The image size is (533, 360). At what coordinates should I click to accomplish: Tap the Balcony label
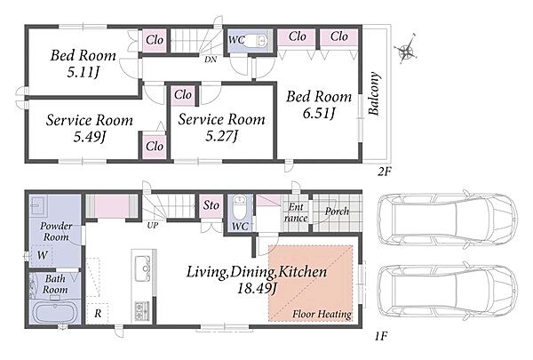[x=374, y=94]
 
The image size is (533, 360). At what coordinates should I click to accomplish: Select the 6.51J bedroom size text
[x=319, y=113]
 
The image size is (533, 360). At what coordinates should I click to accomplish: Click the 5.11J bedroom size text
[x=84, y=72]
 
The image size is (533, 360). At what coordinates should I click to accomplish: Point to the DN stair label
[x=211, y=60]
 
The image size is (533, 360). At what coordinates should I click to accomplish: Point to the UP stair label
[x=153, y=225]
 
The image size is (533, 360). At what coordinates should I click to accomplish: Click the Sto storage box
[x=211, y=205]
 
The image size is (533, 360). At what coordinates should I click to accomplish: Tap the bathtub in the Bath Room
[x=54, y=312]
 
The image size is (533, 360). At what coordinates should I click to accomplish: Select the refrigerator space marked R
[x=98, y=313]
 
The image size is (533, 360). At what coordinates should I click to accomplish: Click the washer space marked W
[x=42, y=255]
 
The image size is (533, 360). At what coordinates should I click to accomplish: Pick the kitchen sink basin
[x=143, y=268]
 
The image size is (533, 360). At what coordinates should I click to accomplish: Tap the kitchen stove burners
[x=142, y=310]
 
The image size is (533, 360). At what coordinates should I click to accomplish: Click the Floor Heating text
[x=322, y=314]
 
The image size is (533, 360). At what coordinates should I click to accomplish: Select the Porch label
[x=337, y=212]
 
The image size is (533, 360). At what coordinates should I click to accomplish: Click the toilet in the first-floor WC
[x=240, y=206]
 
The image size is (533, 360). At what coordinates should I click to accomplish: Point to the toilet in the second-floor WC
[x=255, y=41]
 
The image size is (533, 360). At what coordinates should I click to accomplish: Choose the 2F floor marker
[x=384, y=172]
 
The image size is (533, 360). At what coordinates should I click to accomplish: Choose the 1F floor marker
[x=381, y=337]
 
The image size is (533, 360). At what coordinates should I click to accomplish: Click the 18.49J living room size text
[x=257, y=289]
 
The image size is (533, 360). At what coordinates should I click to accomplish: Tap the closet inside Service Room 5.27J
[x=183, y=94]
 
